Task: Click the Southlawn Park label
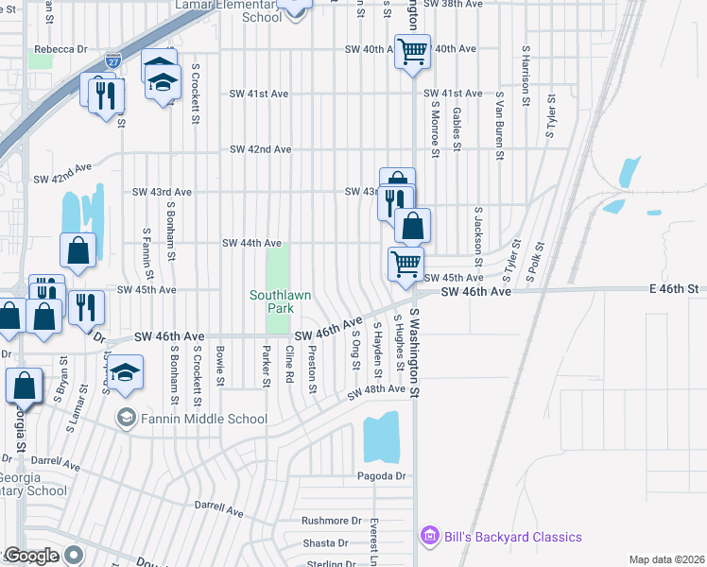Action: pos(280,301)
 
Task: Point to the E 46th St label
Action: pos(672,288)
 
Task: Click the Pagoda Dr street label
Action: pos(381,476)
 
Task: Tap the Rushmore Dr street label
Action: pos(332,521)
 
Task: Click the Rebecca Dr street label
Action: pos(60,49)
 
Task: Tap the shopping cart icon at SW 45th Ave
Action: pos(406,264)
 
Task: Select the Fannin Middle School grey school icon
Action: pos(125,417)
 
